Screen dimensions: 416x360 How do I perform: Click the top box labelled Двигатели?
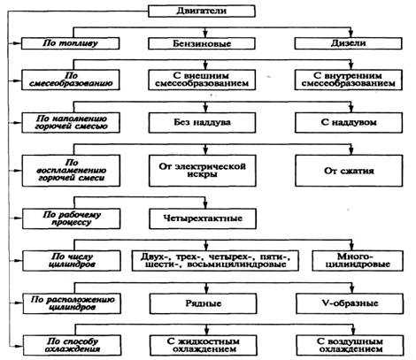(x=202, y=11)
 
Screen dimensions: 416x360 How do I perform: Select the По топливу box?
(x=71, y=43)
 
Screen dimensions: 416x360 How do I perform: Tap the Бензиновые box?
(x=202, y=43)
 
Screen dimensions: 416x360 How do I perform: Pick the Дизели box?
(x=348, y=43)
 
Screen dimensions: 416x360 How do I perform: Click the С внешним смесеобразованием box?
(x=202, y=80)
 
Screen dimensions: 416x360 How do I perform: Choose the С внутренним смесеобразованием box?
(x=349, y=80)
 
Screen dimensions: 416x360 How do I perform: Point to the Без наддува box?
(x=202, y=123)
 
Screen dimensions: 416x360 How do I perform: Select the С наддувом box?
(x=349, y=123)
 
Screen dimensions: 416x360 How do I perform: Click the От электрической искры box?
(x=203, y=171)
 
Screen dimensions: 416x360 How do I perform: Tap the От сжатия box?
(x=349, y=171)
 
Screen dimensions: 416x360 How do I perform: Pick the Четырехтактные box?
(x=203, y=218)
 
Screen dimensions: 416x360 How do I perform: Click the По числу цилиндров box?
(x=72, y=261)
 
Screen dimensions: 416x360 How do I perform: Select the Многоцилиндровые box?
(x=358, y=261)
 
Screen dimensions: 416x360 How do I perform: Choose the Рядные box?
(x=204, y=303)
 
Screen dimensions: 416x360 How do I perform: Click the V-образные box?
(x=350, y=303)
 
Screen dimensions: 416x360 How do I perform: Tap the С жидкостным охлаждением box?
(x=204, y=345)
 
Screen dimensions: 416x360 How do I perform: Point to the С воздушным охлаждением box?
(x=350, y=345)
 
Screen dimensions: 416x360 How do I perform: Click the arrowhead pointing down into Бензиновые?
(x=205, y=34)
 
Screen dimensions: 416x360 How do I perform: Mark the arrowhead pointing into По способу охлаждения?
(x=19, y=345)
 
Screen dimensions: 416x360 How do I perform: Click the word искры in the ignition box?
(x=203, y=174)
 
